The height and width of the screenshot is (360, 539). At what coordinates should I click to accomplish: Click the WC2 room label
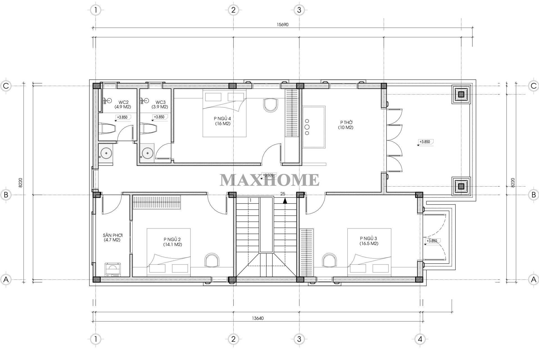tap(122, 104)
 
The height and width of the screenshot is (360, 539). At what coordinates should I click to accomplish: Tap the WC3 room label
tap(160, 104)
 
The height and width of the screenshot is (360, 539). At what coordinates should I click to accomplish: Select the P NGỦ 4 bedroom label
tap(222, 121)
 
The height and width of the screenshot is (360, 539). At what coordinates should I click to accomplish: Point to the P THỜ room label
tap(346, 125)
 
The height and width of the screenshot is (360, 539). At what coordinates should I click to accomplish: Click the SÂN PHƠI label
tap(112, 237)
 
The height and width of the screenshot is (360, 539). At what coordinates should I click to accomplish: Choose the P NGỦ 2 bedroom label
tap(172, 242)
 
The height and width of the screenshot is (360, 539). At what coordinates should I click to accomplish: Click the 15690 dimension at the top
tap(283, 24)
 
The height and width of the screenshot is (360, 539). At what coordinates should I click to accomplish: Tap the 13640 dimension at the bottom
tap(258, 318)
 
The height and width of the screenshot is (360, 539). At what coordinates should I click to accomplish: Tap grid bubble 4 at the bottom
tap(420, 339)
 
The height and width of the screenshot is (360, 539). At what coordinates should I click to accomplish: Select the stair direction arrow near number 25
tap(285, 200)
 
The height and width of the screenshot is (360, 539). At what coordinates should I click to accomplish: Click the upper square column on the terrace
tap(461, 94)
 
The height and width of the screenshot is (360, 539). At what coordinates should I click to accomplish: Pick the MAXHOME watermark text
tap(269, 180)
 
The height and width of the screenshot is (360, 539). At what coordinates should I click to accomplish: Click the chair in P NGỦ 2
tap(212, 260)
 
